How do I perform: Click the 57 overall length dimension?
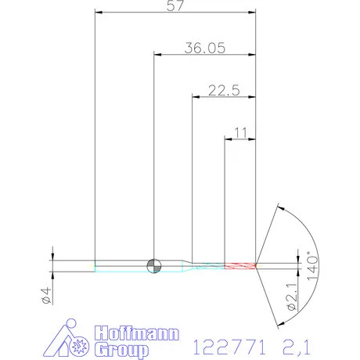pyautogui.click(x=175, y=5)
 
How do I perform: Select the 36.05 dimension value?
pyautogui.click(x=204, y=49)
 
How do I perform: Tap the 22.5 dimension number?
pyautogui.click(x=224, y=91)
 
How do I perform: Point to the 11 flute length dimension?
pyautogui.click(x=240, y=133)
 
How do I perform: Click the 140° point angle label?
pyautogui.click(x=312, y=266)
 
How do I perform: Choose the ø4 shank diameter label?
pyautogui.click(x=46, y=295)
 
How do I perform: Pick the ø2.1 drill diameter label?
pyautogui.click(x=292, y=297)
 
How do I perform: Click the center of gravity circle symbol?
pyautogui.click(x=154, y=266)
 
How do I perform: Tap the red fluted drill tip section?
pyautogui.click(x=240, y=266)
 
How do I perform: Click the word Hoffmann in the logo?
pyautogui.click(x=137, y=333)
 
